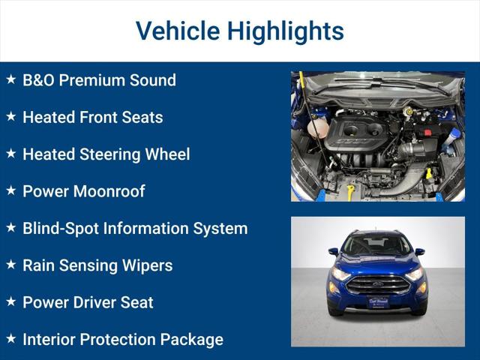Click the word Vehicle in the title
pos(177,31)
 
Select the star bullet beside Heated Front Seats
pos(10,117)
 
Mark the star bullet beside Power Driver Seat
pos(10,302)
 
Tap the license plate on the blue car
pos(378,302)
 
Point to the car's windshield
pos(377,245)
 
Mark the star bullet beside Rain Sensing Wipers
pos(10,265)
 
